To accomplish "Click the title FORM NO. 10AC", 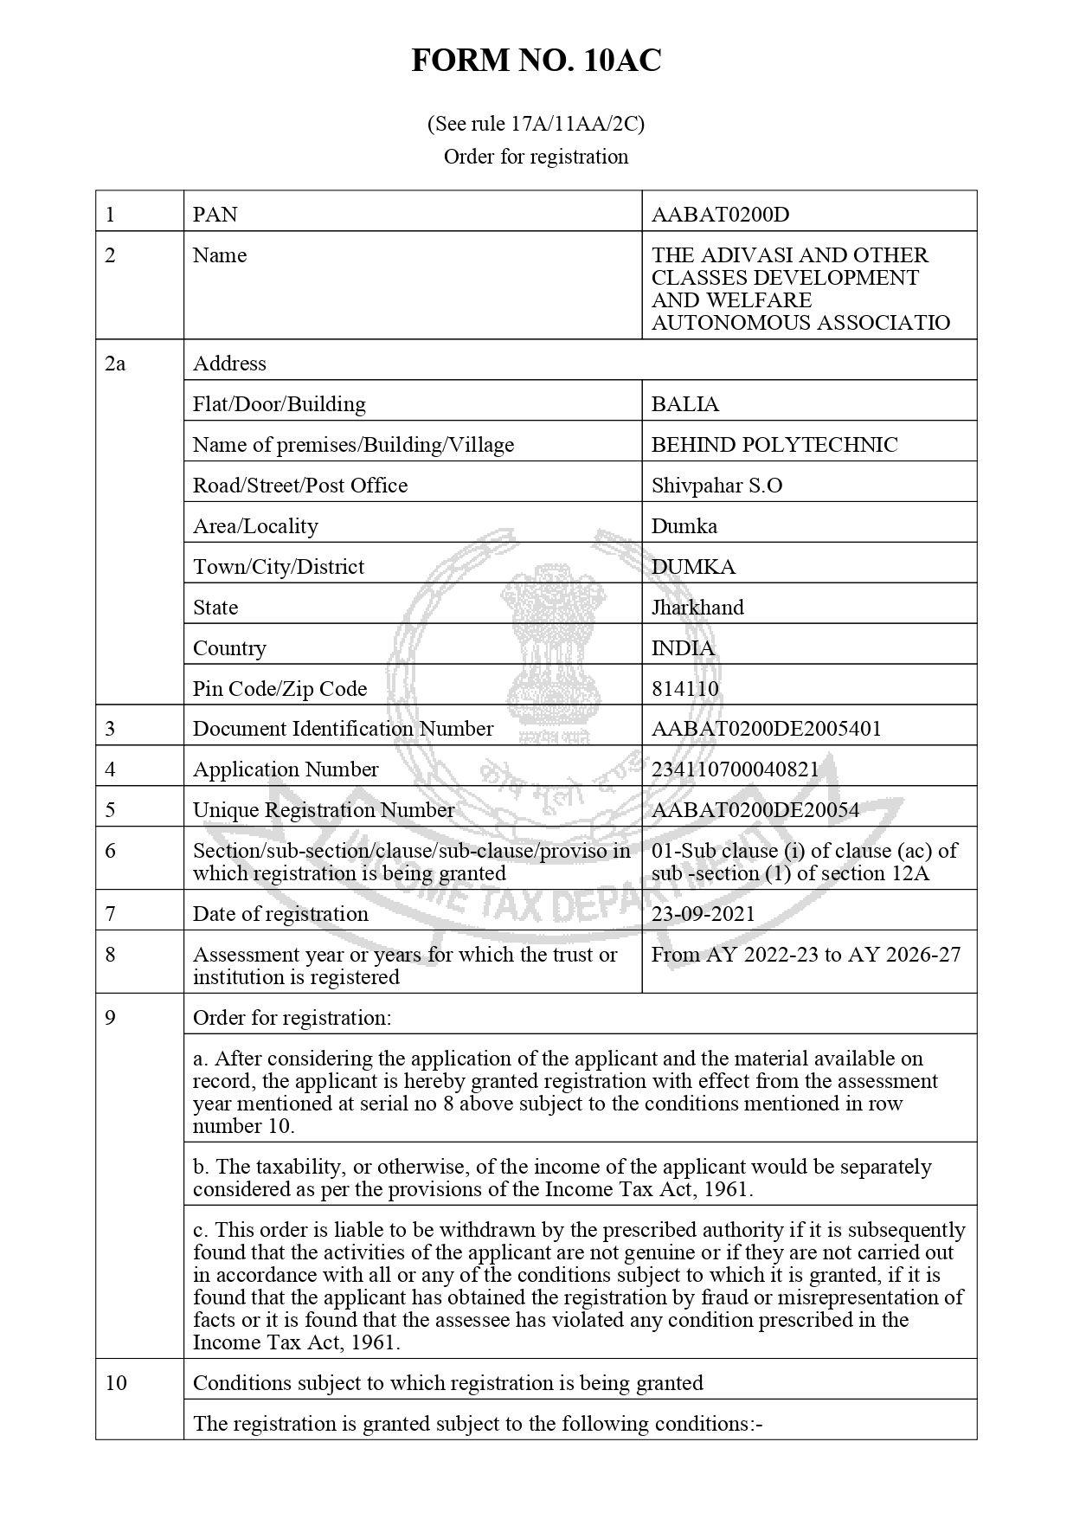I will click(536, 61).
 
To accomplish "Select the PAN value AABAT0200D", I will click(720, 215).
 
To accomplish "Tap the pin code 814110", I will click(684, 689).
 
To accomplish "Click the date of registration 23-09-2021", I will click(703, 914).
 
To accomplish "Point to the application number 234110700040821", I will click(735, 769).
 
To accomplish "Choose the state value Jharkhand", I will click(697, 608).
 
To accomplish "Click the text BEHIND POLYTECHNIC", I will click(774, 445).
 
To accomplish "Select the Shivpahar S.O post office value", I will click(716, 486).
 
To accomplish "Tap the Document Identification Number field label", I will click(343, 729).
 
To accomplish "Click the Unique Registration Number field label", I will click(323, 810).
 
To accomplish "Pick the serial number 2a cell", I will click(115, 364).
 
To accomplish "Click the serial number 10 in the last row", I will click(116, 1383).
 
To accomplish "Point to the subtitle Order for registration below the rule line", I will click(536, 157).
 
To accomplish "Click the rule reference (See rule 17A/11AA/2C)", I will click(536, 124).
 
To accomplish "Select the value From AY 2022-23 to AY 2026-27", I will click(806, 955).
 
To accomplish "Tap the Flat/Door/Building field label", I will click(279, 404).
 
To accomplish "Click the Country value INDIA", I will click(683, 648).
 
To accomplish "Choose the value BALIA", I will click(684, 404).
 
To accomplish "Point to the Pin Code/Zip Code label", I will click(279, 689).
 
